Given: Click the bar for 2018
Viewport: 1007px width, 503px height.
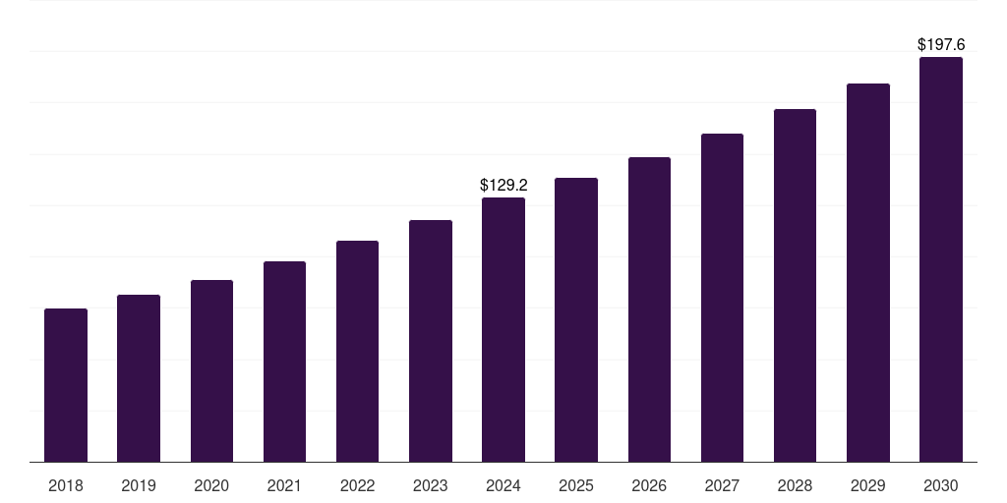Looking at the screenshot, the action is [x=66, y=385].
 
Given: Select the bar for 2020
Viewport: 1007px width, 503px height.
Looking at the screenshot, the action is [x=212, y=370].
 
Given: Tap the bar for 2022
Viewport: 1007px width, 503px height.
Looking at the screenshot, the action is [x=357, y=352].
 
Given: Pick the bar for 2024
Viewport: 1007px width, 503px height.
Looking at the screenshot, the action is [x=503, y=330].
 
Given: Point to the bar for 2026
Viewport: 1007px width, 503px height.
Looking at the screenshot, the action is [x=649, y=309].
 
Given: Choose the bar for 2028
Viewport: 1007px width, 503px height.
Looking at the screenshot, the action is [x=795, y=286].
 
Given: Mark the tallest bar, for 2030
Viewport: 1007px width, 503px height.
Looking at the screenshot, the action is [x=941, y=259].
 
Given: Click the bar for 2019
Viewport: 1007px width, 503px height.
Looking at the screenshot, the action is [x=139, y=378].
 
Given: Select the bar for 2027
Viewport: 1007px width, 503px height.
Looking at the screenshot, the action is [x=722, y=298].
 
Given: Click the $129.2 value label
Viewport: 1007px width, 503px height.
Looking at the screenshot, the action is [x=503, y=186].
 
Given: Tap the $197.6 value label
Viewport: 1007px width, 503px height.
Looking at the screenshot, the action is [x=941, y=45].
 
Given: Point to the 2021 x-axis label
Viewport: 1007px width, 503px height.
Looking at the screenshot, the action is [x=284, y=485].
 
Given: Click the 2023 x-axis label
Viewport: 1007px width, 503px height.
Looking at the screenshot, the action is [x=431, y=485].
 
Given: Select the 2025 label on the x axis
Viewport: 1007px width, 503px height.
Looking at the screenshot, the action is [x=576, y=485].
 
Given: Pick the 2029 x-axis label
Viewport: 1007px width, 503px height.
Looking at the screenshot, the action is [x=867, y=485].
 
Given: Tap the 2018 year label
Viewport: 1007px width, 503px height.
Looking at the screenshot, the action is [x=66, y=485].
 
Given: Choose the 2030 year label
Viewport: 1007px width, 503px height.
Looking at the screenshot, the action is [x=941, y=485].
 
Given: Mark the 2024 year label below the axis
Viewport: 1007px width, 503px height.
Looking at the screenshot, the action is [x=503, y=485].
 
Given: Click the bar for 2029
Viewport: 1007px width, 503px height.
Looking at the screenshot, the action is [x=868, y=273].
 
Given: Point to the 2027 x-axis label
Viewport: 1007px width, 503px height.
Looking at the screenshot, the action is [x=722, y=485].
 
